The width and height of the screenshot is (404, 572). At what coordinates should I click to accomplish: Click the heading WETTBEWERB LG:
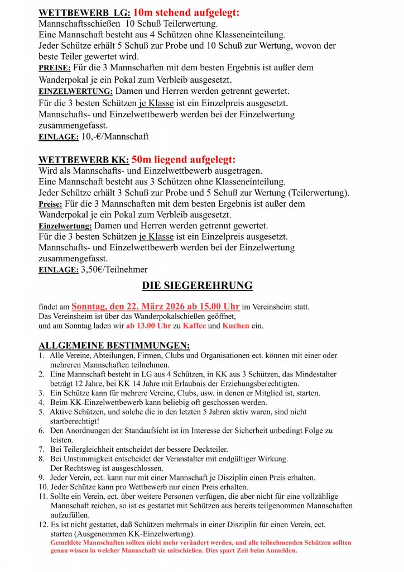tap(84, 12)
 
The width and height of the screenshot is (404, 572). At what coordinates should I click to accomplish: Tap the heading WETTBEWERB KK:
tap(84, 160)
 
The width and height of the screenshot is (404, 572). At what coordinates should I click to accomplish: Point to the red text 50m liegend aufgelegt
tap(184, 159)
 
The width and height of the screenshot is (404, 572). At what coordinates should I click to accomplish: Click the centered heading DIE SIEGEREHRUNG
tap(197, 286)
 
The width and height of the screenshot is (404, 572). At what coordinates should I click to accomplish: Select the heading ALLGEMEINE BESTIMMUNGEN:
tap(114, 345)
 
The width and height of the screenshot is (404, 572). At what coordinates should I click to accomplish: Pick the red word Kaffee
tap(194, 326)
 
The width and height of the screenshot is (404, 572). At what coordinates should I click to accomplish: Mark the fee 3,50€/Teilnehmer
tap(114, 270)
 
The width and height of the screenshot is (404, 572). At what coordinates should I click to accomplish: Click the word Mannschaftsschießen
tap(78, 24)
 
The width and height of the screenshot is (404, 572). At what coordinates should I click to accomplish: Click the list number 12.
tap(42, 525)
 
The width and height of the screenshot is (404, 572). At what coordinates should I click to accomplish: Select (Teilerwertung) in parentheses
tap(319, 193)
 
